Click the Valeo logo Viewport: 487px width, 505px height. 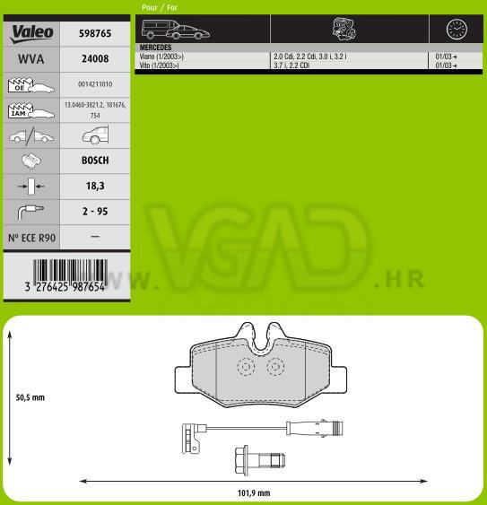pos(31,34)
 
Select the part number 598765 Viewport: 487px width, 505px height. pos(95,33)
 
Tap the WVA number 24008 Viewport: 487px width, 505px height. pos(95,58)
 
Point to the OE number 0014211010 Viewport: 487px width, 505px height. pos(95,84)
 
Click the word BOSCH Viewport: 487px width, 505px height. pos(95,160)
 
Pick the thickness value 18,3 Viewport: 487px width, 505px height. pos(95,186)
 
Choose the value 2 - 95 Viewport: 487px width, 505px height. pos(95,212)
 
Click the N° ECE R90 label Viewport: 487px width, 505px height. pos(31,238)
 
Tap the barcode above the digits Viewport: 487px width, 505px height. pos(70,271)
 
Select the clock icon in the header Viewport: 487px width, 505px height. pos(457,30)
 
